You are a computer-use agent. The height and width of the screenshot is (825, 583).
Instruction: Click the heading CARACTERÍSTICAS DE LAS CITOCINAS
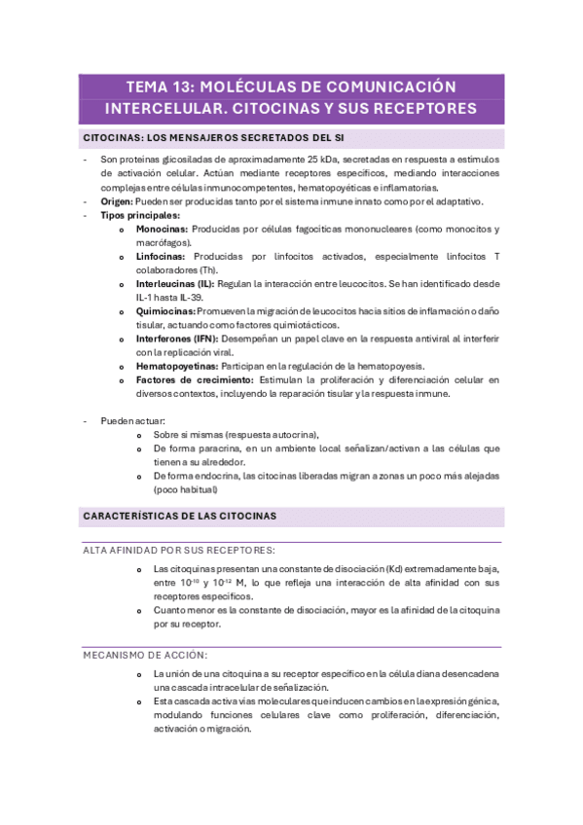coord(180,515)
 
